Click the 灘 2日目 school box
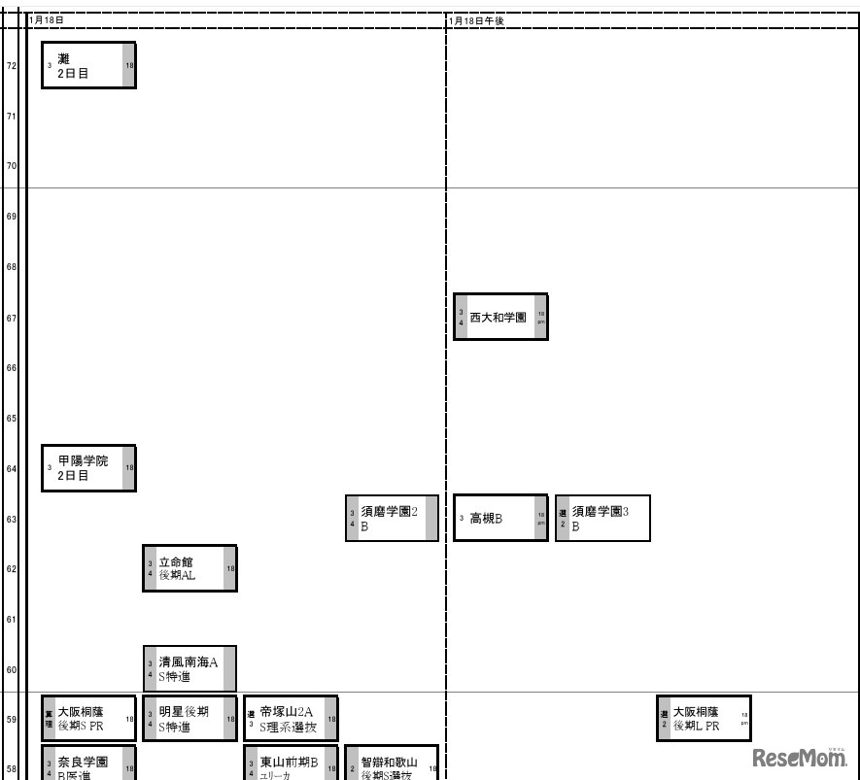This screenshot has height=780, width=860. (x=88, y=65)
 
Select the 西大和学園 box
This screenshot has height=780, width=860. (x=500, y=317)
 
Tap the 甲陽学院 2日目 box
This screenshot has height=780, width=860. (x=88, y=468)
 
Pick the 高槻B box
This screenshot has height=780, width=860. (x=500, y=518)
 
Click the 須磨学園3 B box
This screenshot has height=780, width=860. (x=602, y=518)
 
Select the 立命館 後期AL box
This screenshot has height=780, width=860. (x=189, y=568)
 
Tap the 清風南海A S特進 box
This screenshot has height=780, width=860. (x=189, y=668)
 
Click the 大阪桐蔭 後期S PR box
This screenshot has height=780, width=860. (x=88, y=719)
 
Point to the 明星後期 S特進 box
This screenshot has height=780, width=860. (x=189, y=719)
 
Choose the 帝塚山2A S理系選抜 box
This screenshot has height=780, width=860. (x=291, y=719)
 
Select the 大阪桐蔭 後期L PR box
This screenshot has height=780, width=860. (x=704, y=719)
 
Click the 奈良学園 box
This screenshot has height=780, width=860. (x=88, y=764)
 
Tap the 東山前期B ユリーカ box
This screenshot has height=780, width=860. (x=291, y=764)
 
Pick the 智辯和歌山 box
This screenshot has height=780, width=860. (x=392, y=764)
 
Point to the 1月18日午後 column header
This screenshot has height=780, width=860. (x=477, y=20)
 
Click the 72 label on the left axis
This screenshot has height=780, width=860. (x=12, y=66)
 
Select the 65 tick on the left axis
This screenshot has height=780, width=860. (x=12, y=419)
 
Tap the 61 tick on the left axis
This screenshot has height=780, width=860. (x=12, y=619)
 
